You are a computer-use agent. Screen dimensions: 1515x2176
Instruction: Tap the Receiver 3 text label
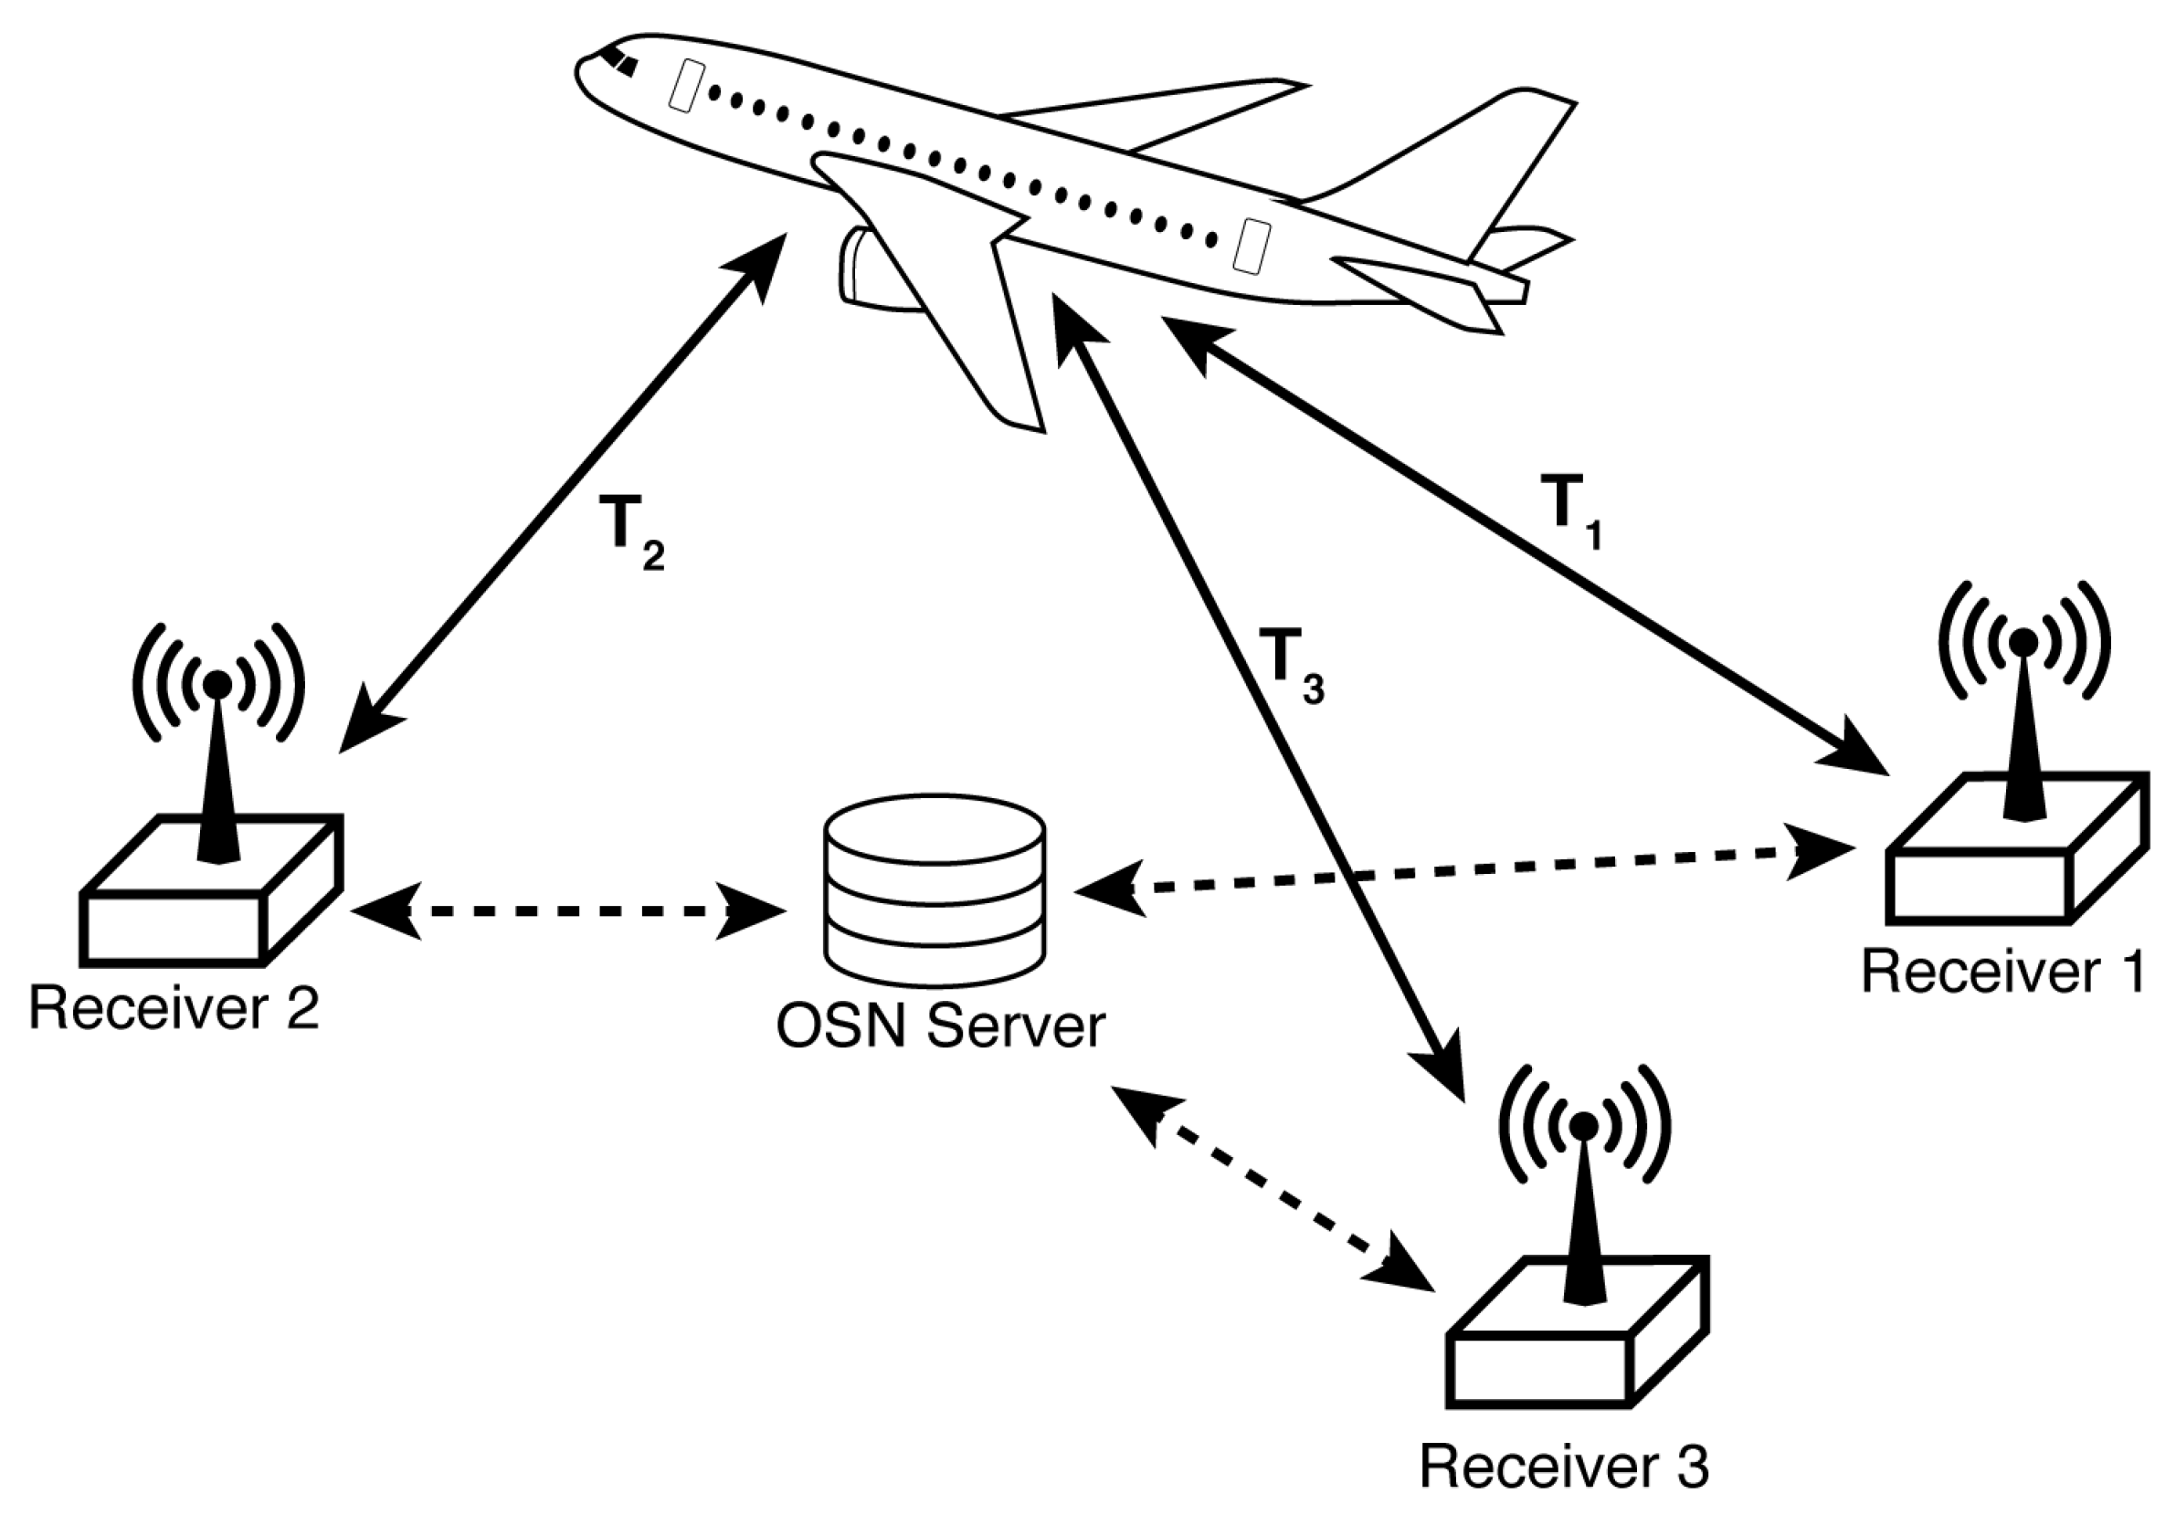pos(1564,1467)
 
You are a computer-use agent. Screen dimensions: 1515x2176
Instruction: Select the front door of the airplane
pos(685,85)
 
